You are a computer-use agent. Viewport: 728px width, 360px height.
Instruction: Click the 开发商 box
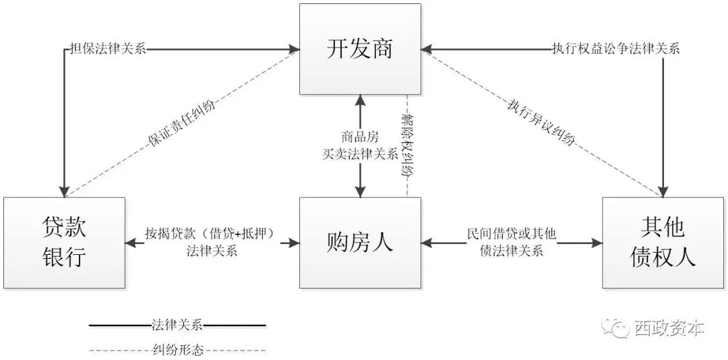pos(360,49)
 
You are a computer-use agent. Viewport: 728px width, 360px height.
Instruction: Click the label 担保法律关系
pos(108,49)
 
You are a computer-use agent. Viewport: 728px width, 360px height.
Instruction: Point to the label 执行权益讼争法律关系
pos(615,49)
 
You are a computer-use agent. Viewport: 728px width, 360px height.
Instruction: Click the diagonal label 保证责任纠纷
pos(182,122)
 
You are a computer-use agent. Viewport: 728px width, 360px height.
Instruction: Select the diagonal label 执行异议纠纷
pos(542,122)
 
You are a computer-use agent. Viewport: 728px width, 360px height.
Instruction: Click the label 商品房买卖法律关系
pos(360,146)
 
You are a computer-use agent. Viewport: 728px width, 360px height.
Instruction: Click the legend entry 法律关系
pos(177,326)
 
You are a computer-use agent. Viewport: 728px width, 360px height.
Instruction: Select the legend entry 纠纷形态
pos(177,350)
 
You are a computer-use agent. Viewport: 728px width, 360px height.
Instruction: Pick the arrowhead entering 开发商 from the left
pos(295,49)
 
